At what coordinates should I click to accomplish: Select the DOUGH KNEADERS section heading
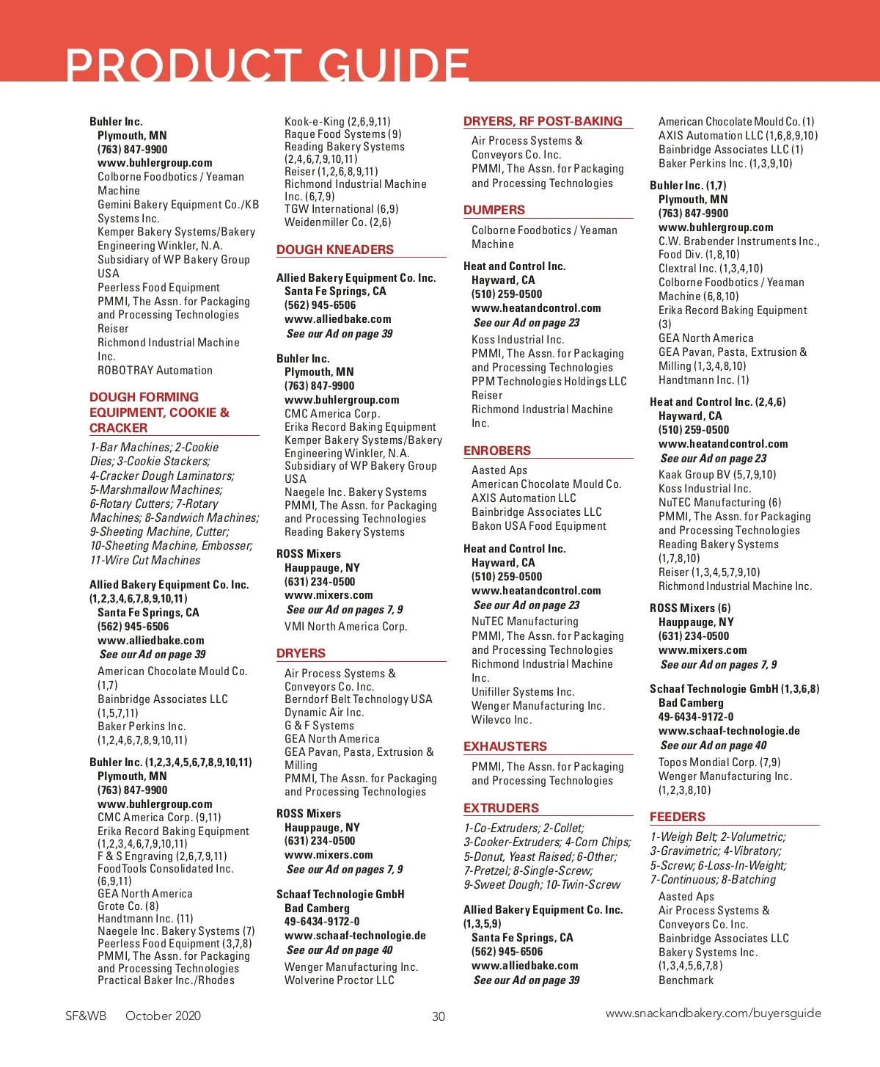click(335, 250)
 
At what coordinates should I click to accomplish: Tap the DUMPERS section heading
click(494, 210)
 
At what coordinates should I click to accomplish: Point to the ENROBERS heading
click(497, 451)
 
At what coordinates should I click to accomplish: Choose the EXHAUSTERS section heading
click(505, 746)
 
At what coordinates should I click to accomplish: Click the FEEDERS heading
click(678, 817)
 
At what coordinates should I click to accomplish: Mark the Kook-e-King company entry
click(337, 122)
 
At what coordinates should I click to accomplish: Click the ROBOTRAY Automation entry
click(155, 371)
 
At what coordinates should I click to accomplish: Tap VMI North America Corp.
click(345, 627)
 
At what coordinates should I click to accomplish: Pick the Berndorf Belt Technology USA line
click(359, 699)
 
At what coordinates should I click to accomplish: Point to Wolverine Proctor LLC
click(340, 980)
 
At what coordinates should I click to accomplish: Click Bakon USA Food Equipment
click(539, 526)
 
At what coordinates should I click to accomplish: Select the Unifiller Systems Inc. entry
click(523, 692)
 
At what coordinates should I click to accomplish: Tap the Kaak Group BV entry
click(717, 475)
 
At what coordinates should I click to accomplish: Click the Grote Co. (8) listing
click(128, 906)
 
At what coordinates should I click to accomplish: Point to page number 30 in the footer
click(439, 1016)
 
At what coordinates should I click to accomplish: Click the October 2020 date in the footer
click(163, 1016)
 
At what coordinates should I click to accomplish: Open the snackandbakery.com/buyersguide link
click(713, 1013)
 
